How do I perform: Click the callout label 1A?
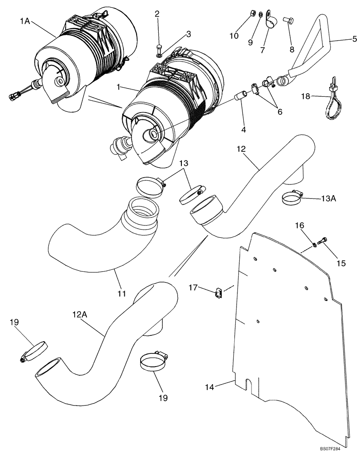coord(24,20)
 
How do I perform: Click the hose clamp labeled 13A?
coord(291,197)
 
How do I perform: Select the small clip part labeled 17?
coord(219,294)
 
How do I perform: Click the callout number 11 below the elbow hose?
coord(121,293)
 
